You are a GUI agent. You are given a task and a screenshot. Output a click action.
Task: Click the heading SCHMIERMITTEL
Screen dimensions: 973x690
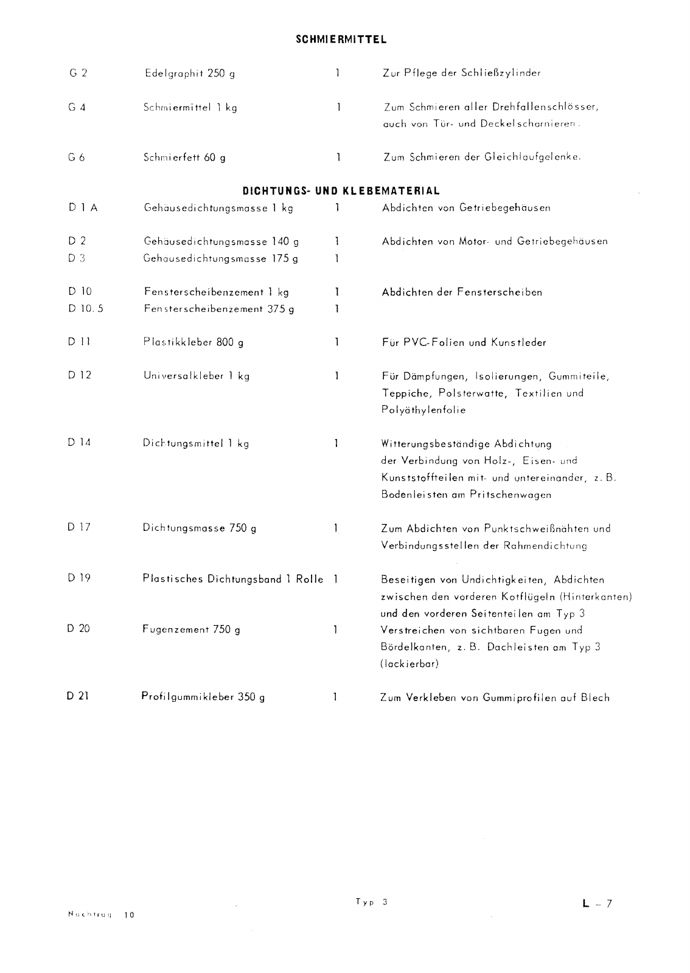pyautogui.click(x=341, y=40)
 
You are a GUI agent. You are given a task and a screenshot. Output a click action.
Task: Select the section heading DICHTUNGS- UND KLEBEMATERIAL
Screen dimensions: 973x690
pyautogui.click(x=341, y=191)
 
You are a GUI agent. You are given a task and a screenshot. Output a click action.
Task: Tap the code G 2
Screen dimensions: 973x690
pyautogui.click(x=78, y=73)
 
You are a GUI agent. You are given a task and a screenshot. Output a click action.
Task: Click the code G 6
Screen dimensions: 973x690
pyautogui.click(x=77, y=158)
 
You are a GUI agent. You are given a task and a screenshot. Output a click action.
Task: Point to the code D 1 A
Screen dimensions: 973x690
pyautogui.click(x=83, y=208)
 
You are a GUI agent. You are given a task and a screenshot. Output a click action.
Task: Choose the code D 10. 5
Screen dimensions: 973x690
pyautogui.click(x=86, y=309)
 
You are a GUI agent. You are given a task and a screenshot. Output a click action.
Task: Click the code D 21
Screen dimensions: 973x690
pyautogui.click(x=78, y=696)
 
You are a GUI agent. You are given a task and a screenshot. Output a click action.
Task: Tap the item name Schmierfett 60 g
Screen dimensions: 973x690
pyautogui.click(x=184, y=158)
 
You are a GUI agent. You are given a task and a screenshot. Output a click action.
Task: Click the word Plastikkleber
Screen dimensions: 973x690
pyautogui.click(x=177, y=342)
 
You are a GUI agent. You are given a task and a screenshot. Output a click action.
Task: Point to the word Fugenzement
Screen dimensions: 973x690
pyautogui.click(x=175, y=630)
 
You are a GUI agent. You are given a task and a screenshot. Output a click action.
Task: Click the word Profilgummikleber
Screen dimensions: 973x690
pyautogui.click(x=187, y=697)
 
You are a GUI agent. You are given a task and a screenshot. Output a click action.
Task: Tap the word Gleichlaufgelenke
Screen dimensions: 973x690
pyautogui.click(x=532, y=158)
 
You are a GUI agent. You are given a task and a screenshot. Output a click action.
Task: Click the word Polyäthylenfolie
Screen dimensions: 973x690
pyautogui.click(x=423, y=410)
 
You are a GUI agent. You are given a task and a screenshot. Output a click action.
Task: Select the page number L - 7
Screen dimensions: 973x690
pyautogui.click(x=597, y=904)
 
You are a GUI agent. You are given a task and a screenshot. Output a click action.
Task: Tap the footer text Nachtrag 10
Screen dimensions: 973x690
pyautogui.click(x=100, y=915)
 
